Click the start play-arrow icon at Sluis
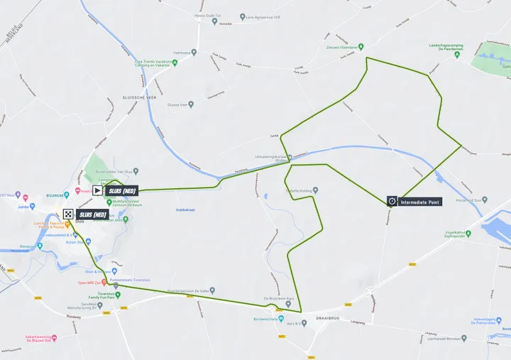click(97, 190)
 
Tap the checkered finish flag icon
click(68, 214)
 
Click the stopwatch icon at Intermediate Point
click(392, 202)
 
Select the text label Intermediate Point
click(420, 202)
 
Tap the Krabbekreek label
click(186, 210)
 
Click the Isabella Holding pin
click(316, 190)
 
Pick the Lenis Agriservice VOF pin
click(242, 16)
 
